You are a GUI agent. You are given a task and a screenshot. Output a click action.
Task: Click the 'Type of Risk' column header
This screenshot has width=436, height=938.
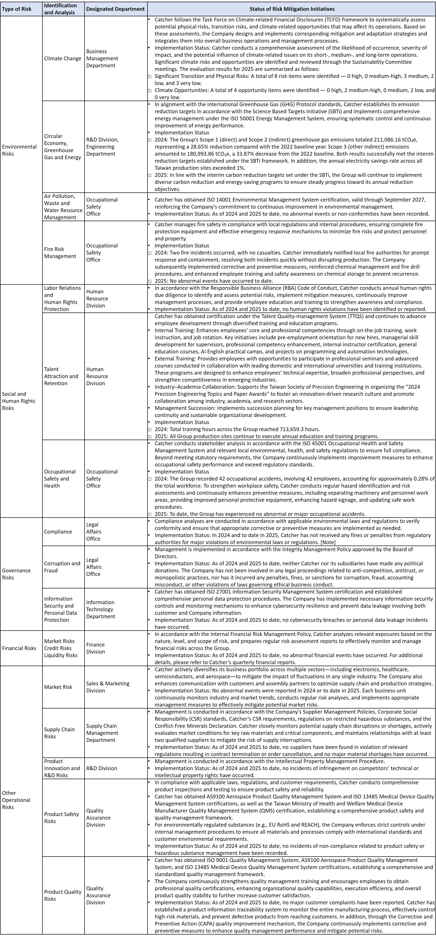(x=17, y=9)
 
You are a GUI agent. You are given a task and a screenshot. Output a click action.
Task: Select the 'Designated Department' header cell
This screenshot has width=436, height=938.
(x=115, y=9)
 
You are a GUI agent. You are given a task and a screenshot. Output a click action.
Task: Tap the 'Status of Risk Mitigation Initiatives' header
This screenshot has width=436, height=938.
(x=292, y=9)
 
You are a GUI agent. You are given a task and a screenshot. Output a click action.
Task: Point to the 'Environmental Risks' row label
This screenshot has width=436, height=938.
(x=19, y=150)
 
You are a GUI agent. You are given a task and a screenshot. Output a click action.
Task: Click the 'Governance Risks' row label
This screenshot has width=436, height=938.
(x=16, y=574)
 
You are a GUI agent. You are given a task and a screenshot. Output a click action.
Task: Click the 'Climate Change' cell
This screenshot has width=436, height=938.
(x=63, y=58)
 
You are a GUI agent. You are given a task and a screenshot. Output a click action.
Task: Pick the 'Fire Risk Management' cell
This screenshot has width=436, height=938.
(x=60, y=253)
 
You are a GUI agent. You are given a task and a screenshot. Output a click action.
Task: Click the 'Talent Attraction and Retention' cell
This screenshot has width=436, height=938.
(x=61, y=376)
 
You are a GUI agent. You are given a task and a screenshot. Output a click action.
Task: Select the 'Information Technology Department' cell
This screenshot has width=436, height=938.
(x=101, y=609)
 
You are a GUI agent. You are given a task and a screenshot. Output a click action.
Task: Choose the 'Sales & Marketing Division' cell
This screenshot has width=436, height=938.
(x=108, y=687)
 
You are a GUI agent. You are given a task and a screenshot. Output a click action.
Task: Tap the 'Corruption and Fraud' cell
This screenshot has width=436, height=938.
(x=62, y=567)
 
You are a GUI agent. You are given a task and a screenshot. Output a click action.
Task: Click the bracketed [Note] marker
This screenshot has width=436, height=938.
(x=327, y=542)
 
